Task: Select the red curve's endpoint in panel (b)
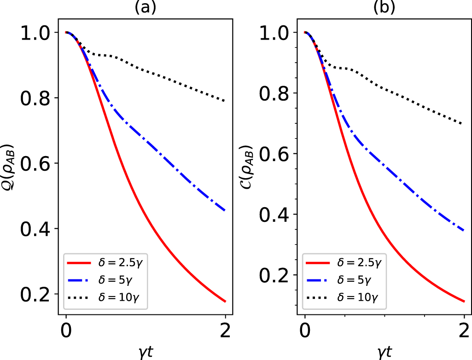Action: coord(464,302)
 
